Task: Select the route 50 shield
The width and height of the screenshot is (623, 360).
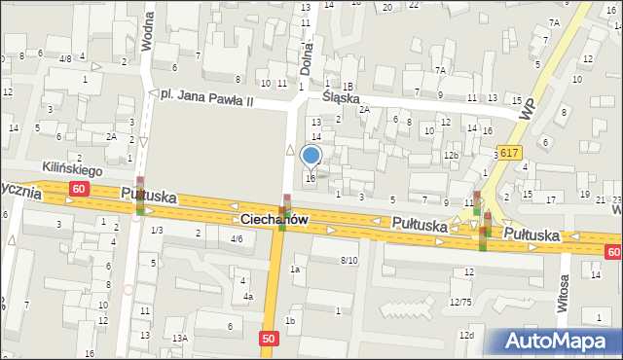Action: pos(272,338)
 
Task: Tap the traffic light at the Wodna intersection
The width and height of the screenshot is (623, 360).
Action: pos(140,195)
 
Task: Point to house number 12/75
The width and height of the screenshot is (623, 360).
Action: pos(460,303)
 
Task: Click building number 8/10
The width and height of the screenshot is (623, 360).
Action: pos(348,260)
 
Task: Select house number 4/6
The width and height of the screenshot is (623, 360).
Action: pos(236,238)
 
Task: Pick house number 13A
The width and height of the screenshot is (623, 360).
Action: pos(179,337)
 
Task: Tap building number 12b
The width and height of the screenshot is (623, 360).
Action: pos(451,155)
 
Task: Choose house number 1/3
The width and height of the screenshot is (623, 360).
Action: pos(157,230)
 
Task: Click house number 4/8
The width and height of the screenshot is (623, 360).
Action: pos(65,58)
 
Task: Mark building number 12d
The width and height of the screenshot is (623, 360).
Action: pos(467,336)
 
